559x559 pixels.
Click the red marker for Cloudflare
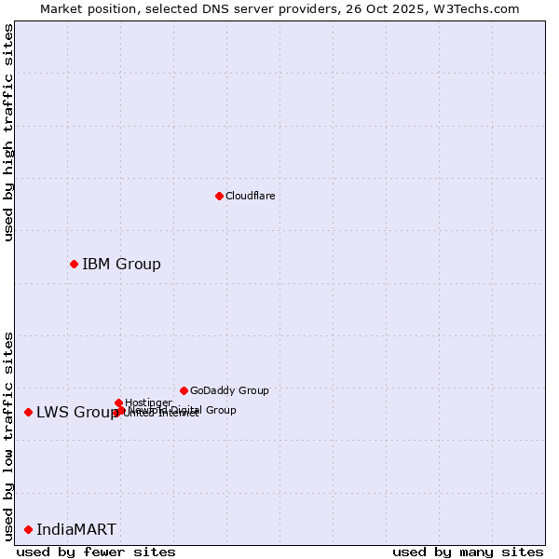click(219, 196)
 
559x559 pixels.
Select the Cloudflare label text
click(250, 196)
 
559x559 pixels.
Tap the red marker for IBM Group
click(74, 264)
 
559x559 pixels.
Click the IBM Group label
click(121, 264)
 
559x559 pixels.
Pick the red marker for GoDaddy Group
click(184, 390)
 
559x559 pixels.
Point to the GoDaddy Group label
click(229, 390)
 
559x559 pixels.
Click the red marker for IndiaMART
click(28, 529)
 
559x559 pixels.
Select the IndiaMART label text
click(76, 529)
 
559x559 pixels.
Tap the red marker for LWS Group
click(28, 412)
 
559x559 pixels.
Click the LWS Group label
click(76, 412)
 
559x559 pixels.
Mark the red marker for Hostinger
click(118, 402)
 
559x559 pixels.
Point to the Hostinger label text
click(148, 402)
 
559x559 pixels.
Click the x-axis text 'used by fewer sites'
click(96, 552)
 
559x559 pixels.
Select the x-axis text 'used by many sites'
click(468, 552)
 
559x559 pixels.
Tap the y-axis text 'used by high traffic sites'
click(9, 132)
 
